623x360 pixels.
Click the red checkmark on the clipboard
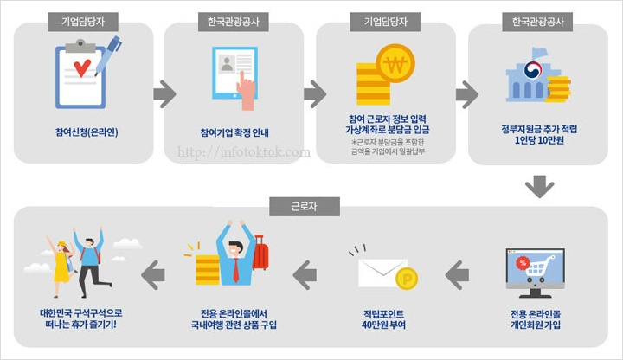coord(82,67)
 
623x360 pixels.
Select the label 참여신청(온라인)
coord(86,132)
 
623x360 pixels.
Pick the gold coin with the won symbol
coord(396,62)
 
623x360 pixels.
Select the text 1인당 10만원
coord(539,140)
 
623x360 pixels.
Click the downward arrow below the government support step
coord(539,186)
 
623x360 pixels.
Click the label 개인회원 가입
coord(537,325)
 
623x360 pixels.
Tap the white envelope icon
coord(382,273)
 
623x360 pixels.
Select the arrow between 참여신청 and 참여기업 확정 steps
coord(164,93)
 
